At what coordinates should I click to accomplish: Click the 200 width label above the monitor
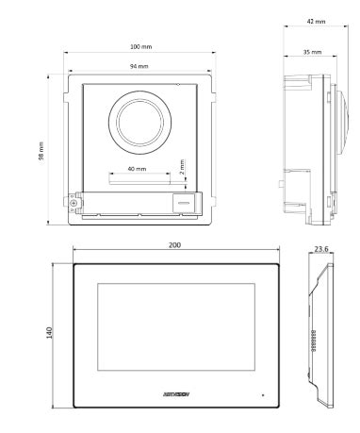click(175, 244)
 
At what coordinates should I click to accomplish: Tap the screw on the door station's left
click(72, 200)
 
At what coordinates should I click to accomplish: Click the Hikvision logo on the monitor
click(175, 390)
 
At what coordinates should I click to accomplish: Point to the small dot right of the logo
click(264, 391)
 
